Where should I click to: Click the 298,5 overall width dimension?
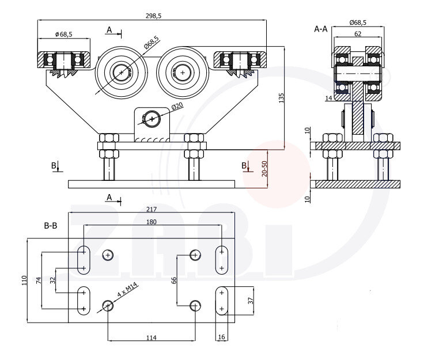tap(152, 16)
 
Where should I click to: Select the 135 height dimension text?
tap(282, 98)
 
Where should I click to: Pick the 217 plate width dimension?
tap(152, 209)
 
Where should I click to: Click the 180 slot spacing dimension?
tap(151, 222)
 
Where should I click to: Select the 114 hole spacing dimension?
tap(151, 338)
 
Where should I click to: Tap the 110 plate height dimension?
tap(24, 281)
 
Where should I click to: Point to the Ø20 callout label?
tap(177, 106)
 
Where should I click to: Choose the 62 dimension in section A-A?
tap(358, 35)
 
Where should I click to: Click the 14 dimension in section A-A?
tap(328, 98)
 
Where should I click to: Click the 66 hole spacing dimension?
tap(173, 281)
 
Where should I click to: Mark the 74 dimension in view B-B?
tap(39, 281)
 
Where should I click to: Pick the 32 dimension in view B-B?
tap(52, 281)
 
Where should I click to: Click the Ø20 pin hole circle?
tap(152, 119)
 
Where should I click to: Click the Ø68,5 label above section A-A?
tap(358, 22)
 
